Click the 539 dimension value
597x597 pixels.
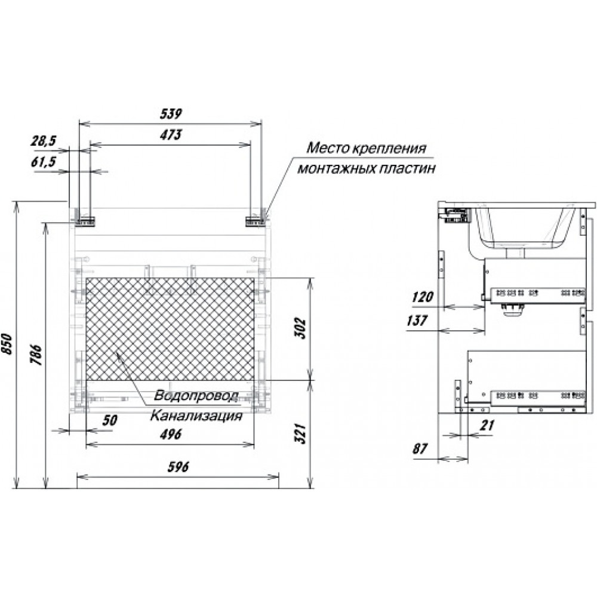coord(171,113)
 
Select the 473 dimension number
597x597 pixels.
coord(171,134)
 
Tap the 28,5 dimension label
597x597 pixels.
coord(44,141)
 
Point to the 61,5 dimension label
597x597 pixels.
coord(44,162)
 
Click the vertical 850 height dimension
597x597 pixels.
coord(8,344)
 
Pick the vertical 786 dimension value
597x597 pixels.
coord(36,355)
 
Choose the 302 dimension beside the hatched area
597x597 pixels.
coord(300,328)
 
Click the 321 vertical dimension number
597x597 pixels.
coord(300,433)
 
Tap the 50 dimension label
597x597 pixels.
coord(110,420)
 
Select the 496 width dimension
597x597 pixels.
coord(171,435)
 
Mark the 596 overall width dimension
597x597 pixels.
coord(178,467)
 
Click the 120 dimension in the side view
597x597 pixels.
coord(422,297)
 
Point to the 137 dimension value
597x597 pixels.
coord(417,321)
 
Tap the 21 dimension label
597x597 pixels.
coord(487,425)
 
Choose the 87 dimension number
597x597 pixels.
coord(420,449)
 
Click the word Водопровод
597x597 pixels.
coord(196,396)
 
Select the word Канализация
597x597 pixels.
coord(196,416)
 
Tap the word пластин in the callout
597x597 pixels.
coord(408,168)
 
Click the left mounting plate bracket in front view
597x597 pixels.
coord(85,221)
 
